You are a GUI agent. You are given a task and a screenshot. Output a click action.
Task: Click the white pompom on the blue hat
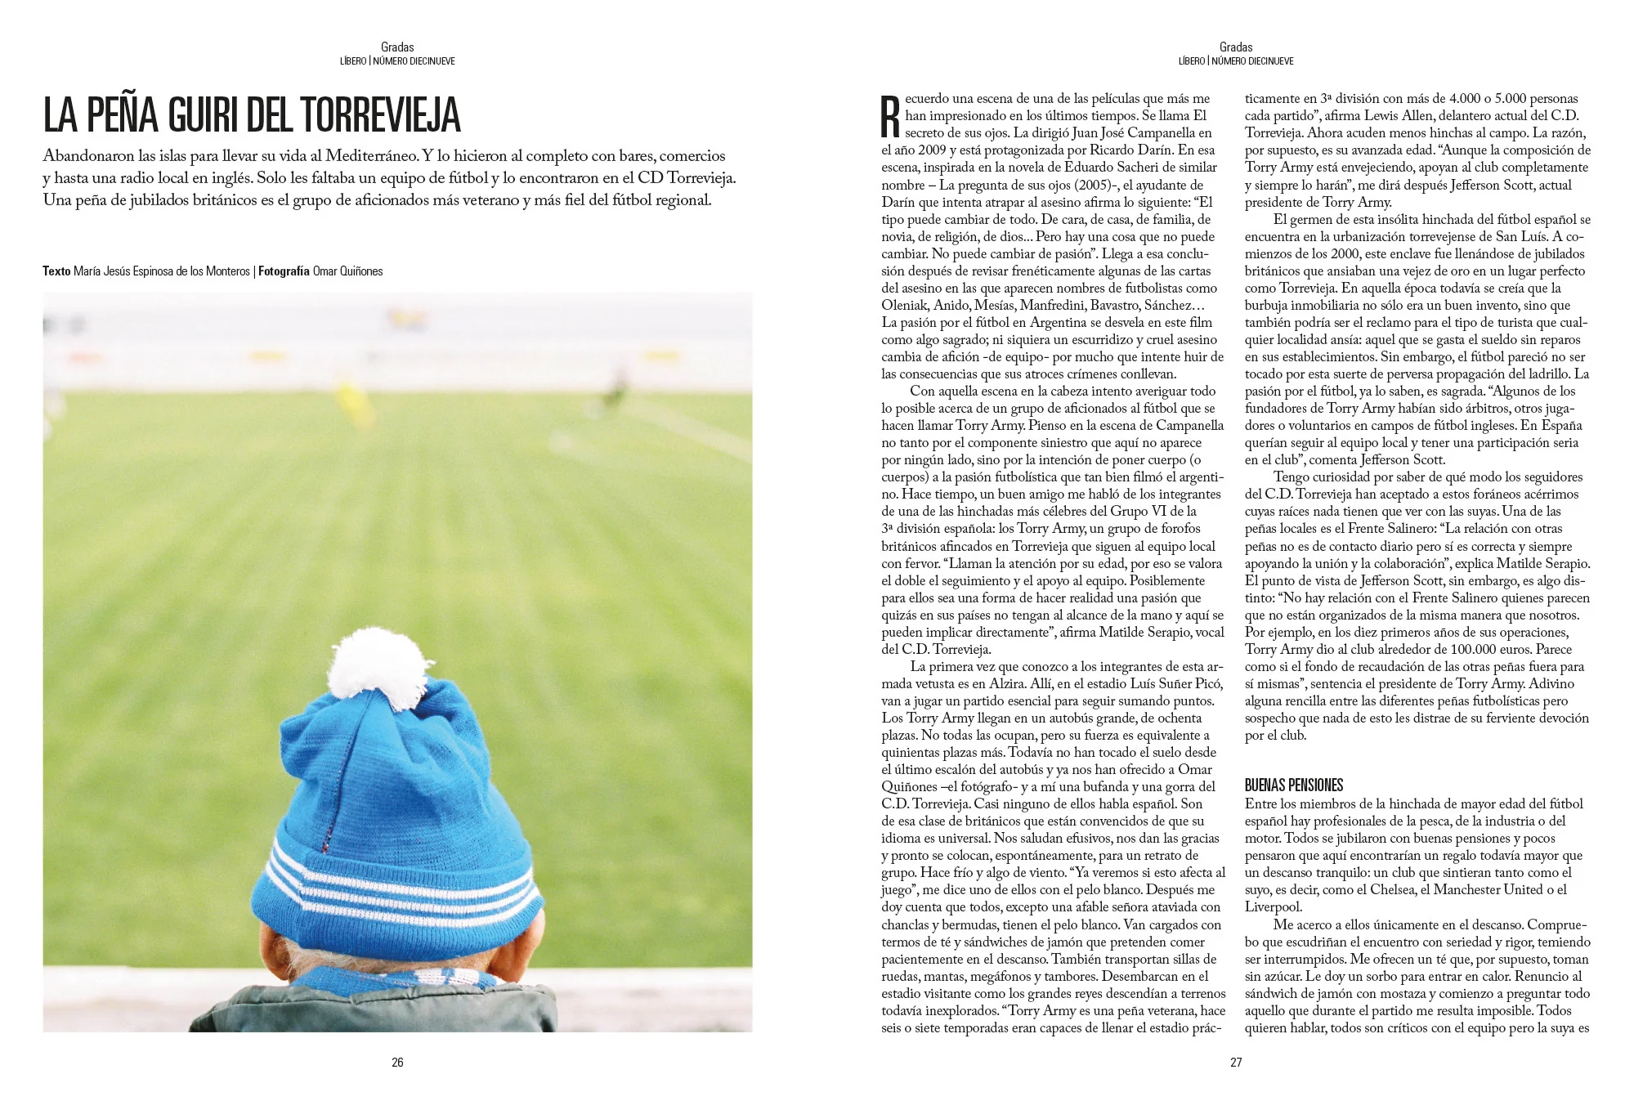(x=374, y=670)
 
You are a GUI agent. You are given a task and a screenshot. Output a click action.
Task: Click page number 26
(x=397, y=1062)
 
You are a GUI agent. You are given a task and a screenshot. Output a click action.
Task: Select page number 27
(x=1236, y=1062)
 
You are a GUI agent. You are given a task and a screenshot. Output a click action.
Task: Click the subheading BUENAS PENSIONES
(x=1294, y=785)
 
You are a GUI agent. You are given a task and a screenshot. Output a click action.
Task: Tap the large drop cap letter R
(x=890, y=117)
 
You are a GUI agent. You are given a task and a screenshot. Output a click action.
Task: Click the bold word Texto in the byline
(x=56, y=271)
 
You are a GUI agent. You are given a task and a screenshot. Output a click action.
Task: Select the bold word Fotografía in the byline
(x=284, y=271)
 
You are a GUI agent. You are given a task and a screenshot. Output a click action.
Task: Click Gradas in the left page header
(x=397, y=47)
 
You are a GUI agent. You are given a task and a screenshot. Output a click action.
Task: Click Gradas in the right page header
(x=1236, y=47)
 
